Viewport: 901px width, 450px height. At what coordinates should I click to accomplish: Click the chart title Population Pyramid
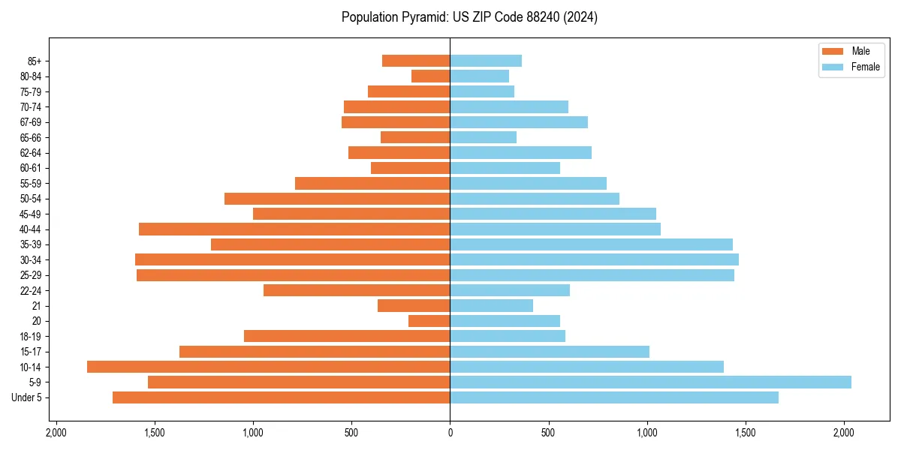click(x=469, y=17)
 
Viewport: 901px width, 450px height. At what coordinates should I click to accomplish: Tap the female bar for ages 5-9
click(x=650, y=382)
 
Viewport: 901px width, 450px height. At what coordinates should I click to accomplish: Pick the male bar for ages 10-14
click(x=268, y=367)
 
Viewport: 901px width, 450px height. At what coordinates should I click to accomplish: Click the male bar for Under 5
click(x=281, y=397)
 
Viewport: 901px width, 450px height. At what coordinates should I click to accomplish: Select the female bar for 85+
click(x=486, y=61)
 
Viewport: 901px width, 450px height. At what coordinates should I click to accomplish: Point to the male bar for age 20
click(x=429, y=321)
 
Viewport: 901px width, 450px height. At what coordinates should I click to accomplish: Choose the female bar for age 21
click(x=491, y=305)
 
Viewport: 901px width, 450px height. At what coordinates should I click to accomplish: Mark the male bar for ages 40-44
click(x=294, y=229)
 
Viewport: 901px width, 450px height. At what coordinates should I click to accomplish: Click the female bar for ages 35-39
click(x=591, y=244)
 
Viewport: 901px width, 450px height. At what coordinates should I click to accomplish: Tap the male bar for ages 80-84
click(x=430, y=76)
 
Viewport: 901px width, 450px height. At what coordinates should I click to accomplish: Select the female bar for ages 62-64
click(x=520, y=152)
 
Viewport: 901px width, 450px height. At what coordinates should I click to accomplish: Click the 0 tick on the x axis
click(x=450, y=433)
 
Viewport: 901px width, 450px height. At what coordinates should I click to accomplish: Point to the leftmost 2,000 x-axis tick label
click(x=56, y=433)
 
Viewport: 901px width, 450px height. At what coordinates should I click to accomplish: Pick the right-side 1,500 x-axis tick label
click(x=745, y=433)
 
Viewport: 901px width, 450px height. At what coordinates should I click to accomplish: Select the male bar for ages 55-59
click(x=372, y=183)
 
